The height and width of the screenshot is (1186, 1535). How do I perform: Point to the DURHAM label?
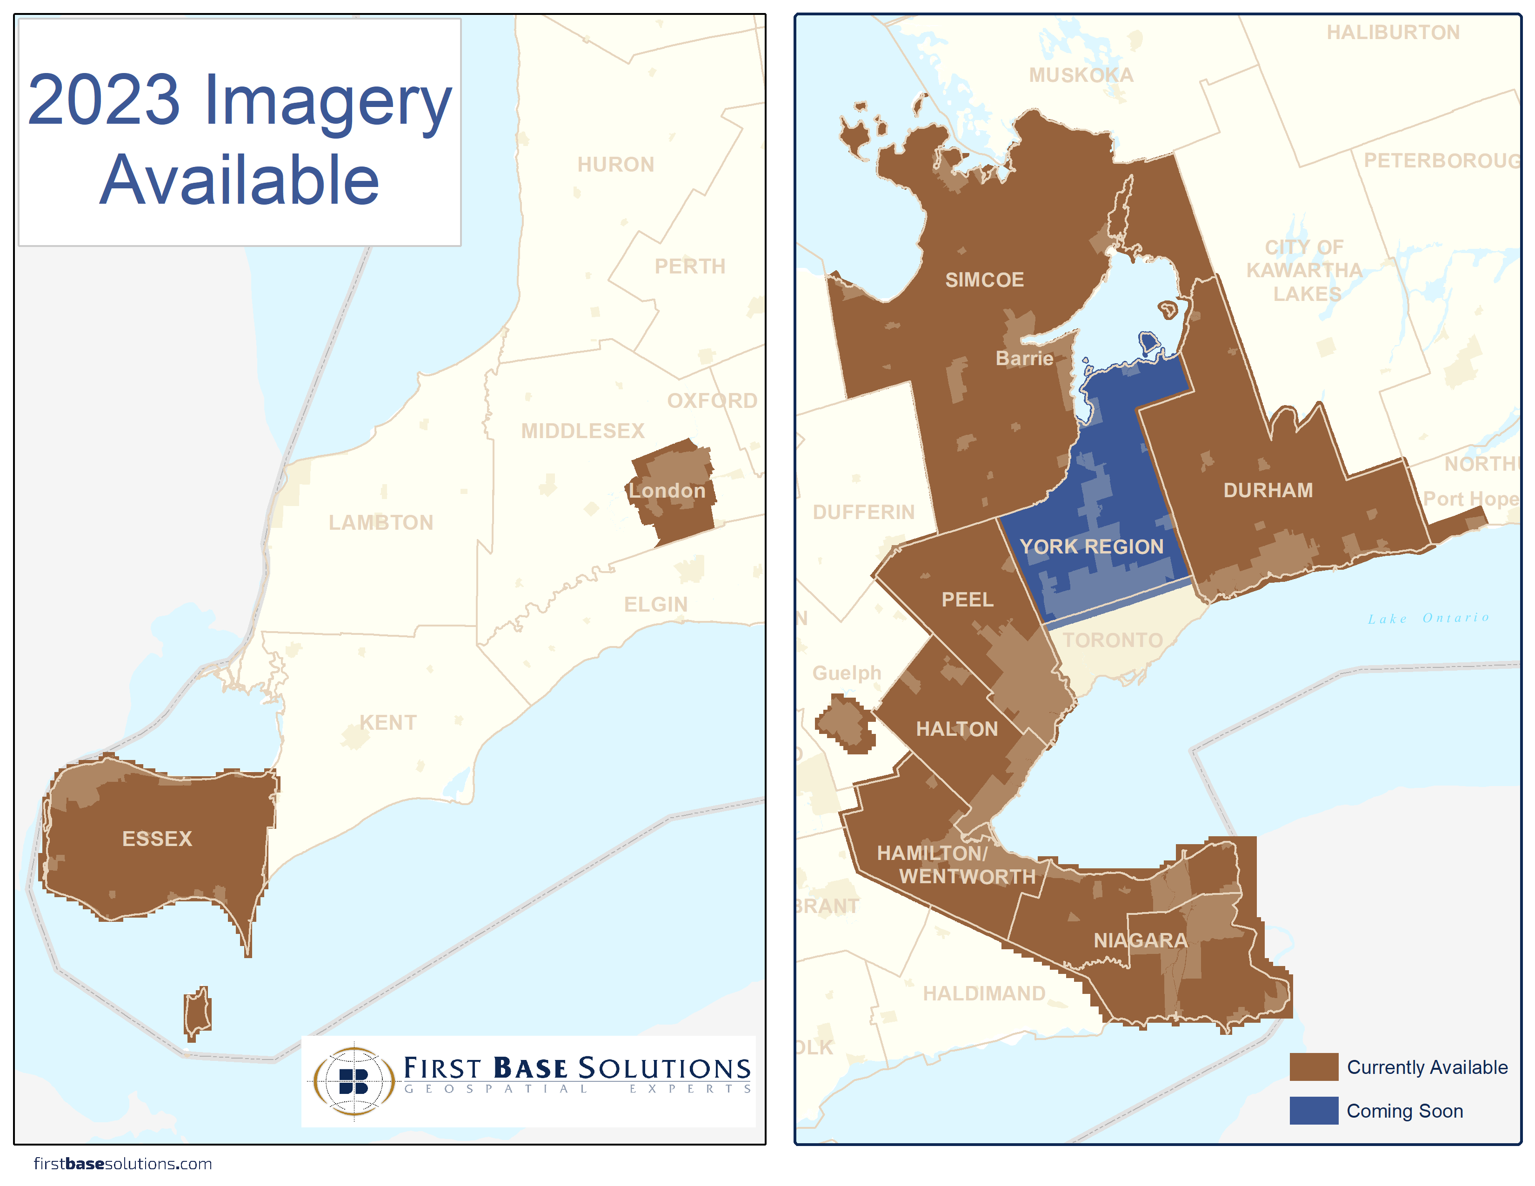(x=1268, y=490)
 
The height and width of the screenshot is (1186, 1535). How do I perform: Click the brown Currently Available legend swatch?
(x=1313, y=1066)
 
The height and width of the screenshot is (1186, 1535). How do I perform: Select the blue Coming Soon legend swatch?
(x=1313, y=1110)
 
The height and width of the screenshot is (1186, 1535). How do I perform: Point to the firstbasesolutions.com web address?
(x=123, y=1164)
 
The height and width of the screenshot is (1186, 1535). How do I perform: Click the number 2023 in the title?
(x=104, y=100)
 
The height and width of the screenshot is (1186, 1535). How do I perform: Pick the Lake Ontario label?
(x=1428, y=618)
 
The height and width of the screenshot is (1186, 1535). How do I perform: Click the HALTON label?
(x=956, y=729)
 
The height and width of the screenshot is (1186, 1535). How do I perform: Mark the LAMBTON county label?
(x=381, y=523)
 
